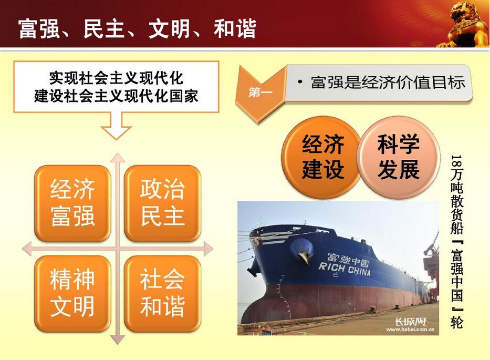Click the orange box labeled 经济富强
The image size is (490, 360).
tap(72, 203)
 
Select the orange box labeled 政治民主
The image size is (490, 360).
tap(162, 203)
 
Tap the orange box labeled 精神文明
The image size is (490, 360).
tap(72, 293)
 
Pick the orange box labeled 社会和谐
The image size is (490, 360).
tap(162, 293)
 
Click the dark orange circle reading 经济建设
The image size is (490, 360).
tap(322, 157)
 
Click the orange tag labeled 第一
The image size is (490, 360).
tap(260, 93)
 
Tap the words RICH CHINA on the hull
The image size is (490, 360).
tap(345, 269)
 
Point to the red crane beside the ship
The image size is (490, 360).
tap(431, 266)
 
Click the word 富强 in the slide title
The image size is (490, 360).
tap(39, 29)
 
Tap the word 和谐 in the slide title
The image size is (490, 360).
tap(235, 29)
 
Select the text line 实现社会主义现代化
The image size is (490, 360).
tap(116, 78)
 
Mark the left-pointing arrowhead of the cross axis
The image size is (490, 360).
tap(27, 249)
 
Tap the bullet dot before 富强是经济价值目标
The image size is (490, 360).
tap(300, 82)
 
